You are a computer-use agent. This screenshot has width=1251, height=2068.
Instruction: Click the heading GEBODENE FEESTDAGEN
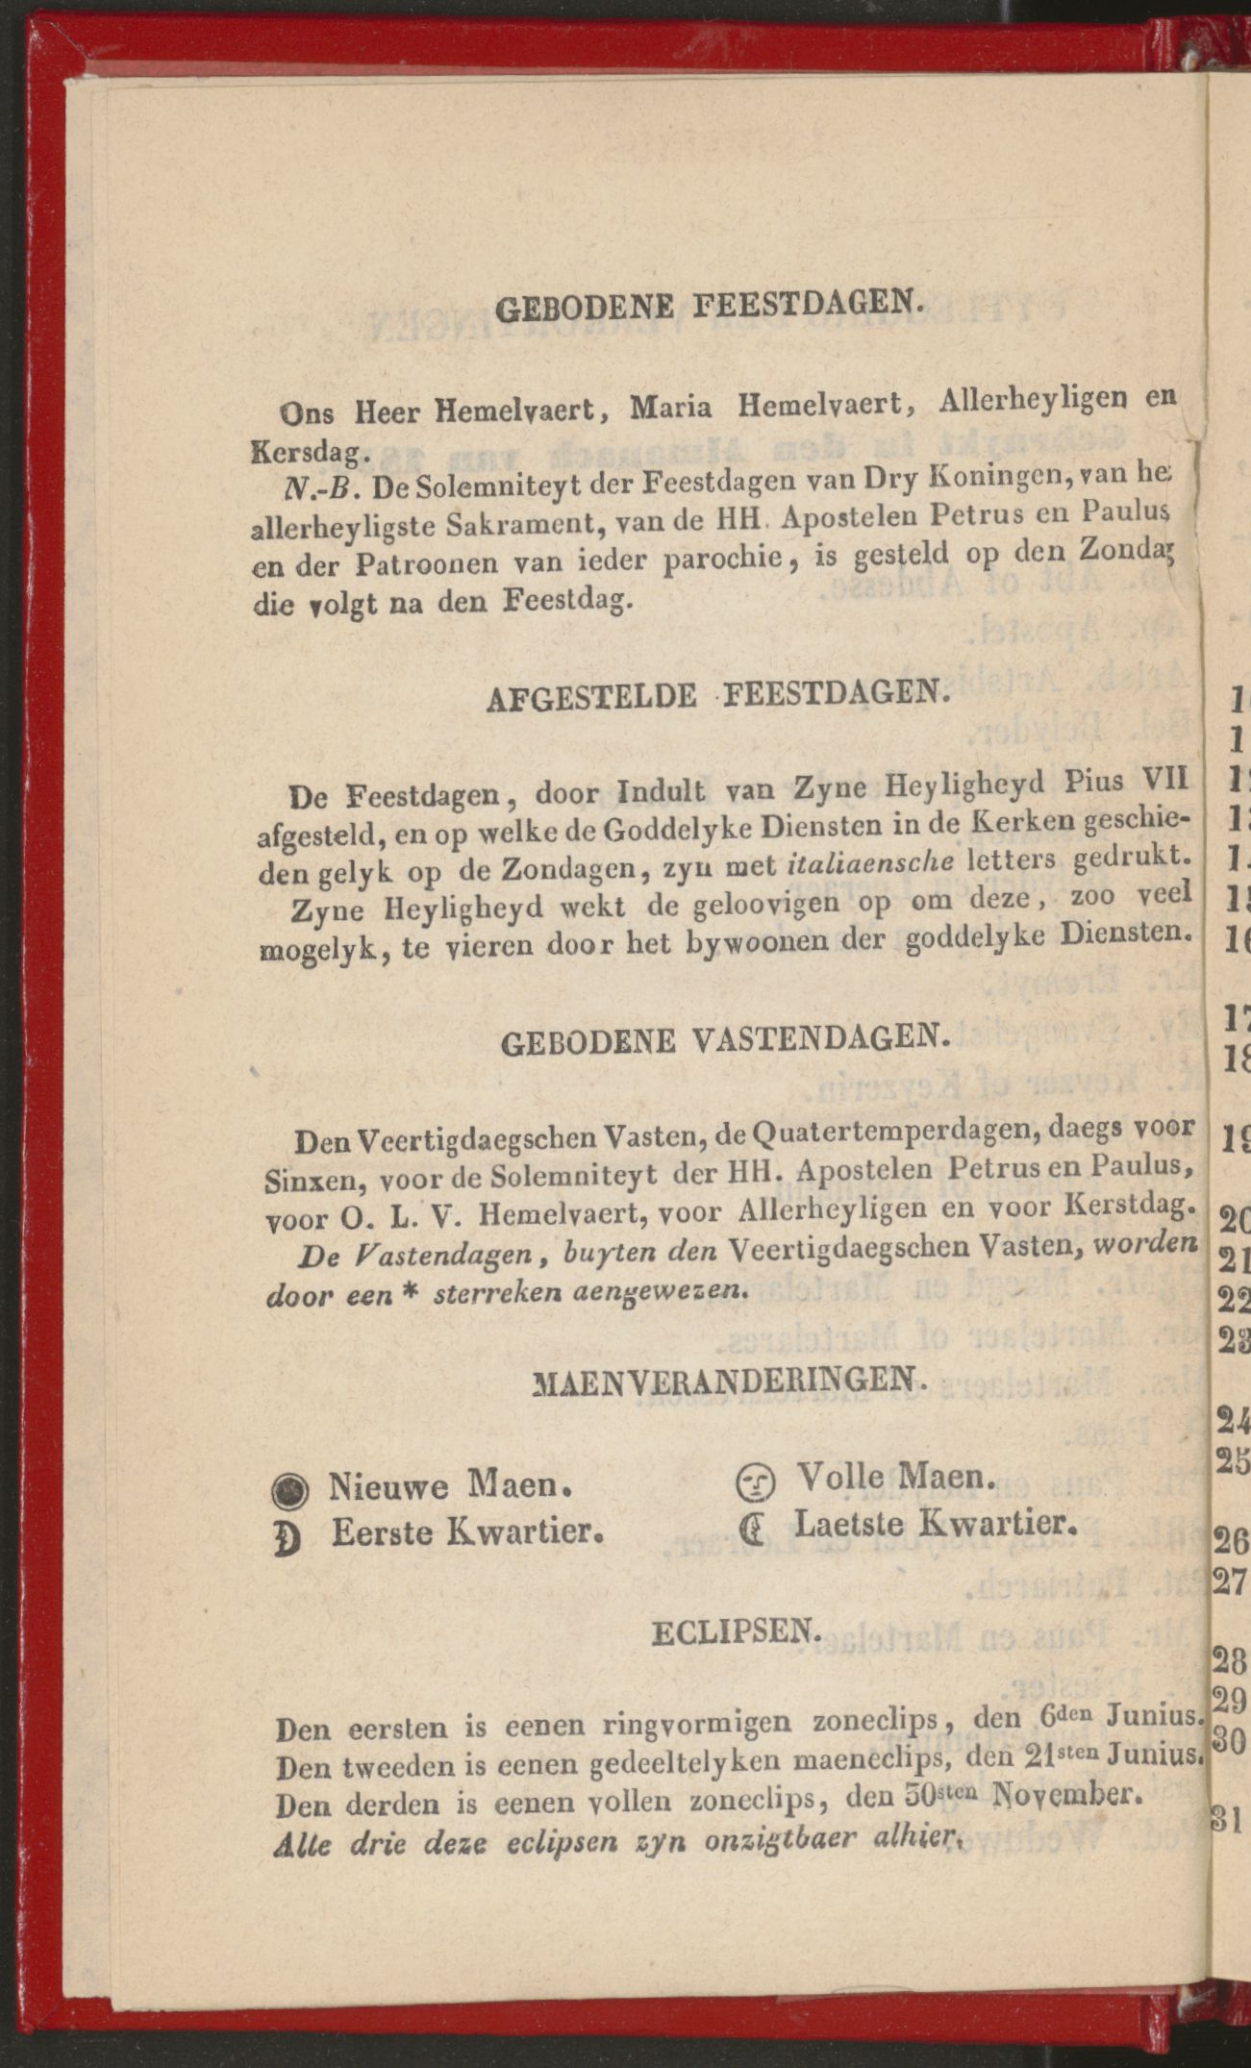(x=711, y=305)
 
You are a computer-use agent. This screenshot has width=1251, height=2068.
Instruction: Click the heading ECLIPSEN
(x=737, y=1632)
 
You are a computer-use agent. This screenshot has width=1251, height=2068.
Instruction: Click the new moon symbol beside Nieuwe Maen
(x=290, y=1490)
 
